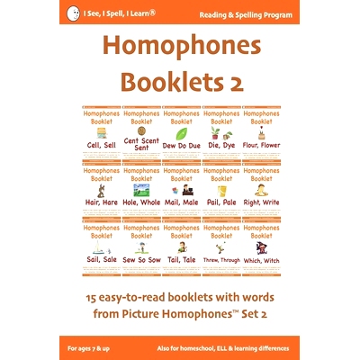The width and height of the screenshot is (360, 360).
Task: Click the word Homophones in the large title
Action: pos(180,50)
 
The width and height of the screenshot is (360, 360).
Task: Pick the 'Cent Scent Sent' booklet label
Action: pos(140,145)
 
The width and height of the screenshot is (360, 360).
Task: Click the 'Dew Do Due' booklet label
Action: pos(181,147)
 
